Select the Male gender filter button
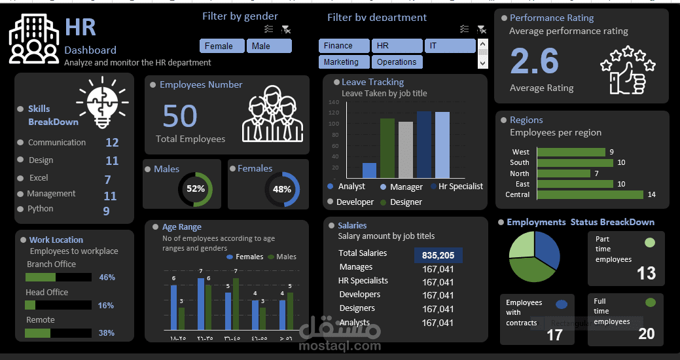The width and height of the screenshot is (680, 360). (x=268, y=46)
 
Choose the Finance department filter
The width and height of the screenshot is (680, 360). (x=344, y=46)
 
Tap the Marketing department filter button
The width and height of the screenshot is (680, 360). (x=344, y=62)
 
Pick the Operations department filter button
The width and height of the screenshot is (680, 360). (x=397, y=62)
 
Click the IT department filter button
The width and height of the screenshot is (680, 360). (x=450, y=46)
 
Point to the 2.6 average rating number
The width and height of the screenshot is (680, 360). (x=534, y=62)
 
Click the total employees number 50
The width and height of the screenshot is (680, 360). (x=180, y=117)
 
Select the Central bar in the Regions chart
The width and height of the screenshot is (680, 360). (x=590, y=195)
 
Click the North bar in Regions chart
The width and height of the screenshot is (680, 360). (x=563, y=173)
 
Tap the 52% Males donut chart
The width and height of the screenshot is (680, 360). (x=195, y=189)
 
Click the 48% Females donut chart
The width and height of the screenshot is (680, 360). (x=282, y=189)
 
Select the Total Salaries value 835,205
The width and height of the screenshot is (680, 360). (x=438, y=255)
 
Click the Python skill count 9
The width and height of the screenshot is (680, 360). (x=106, y=211)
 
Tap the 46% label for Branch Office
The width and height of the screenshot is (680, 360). (x=107, y=278)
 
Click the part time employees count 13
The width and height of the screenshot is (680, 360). (x=646, y=273)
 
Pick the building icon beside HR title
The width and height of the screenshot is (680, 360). (x=34, y=40)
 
